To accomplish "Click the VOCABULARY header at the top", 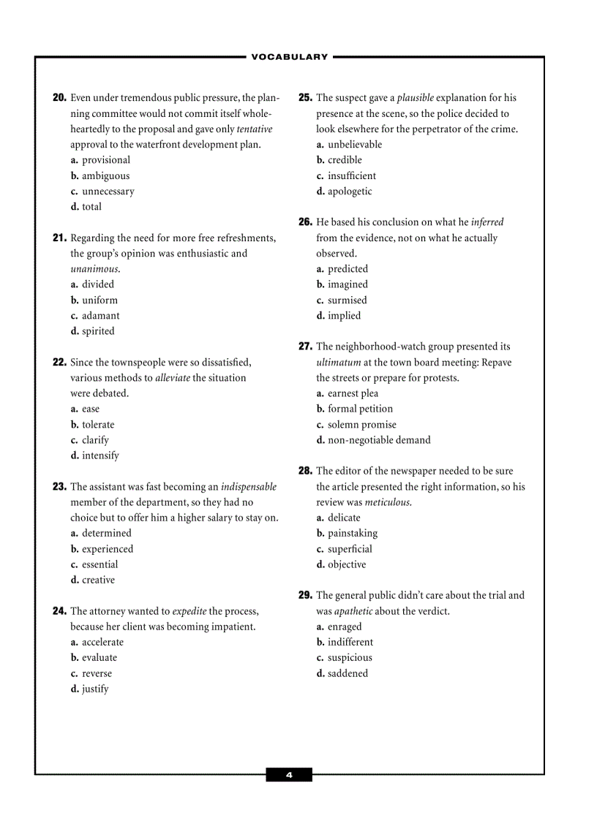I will tap(290, 57).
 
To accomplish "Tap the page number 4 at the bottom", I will tap(289, 775).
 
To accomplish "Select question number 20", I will tap(59, 98).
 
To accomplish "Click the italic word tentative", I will tap(255, 129).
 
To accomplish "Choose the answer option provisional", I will tap(105, 160).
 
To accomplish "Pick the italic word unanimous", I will tap(94, 269).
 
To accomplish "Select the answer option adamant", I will tap(100, 316).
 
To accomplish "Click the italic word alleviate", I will tap(173, 378).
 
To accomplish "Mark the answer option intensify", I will tap(99, 455).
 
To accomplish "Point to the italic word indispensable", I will tap(249, 487).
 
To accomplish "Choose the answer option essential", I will tap(99, 564).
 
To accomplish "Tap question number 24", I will tap(59, 611).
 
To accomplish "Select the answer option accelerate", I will tap(102, 643).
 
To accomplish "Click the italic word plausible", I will tap(416, 98).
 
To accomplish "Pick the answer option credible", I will tap(345, 160).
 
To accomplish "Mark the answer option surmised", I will tap(347, 300).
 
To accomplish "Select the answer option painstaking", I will tap(353, 534).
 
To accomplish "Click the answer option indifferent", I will tap(350, 643).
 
